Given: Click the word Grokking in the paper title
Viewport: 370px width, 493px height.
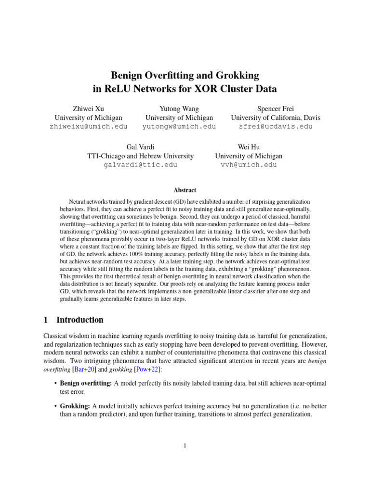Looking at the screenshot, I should [x=236, y=75].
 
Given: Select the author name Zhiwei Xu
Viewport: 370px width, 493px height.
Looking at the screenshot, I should [x=88, y=109].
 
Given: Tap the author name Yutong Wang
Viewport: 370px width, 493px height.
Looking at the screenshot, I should [x=179, y=109].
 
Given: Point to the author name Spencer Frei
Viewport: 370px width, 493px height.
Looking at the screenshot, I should [x=276, y=109].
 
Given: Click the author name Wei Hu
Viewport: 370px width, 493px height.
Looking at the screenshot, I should [x=249, y=147].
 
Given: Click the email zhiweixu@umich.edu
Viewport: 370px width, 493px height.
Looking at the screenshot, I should [x=88, y=127].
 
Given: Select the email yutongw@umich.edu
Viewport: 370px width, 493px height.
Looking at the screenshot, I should [x=179, y=127].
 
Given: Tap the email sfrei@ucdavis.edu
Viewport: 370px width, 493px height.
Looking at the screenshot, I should [x=276, y=127].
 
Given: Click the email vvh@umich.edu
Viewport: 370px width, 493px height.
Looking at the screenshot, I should [x=249, y=165].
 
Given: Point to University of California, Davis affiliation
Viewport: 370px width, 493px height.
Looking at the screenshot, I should [x=276, y=117].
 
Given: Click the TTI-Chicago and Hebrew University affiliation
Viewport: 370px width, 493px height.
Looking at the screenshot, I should [x=140, y=156].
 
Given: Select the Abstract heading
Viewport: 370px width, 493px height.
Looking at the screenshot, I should [x=185, y=190].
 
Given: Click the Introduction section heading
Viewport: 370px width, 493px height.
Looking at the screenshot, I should [x=79, y=320].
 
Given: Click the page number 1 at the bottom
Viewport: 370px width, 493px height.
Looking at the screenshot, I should [x=185, y=446].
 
